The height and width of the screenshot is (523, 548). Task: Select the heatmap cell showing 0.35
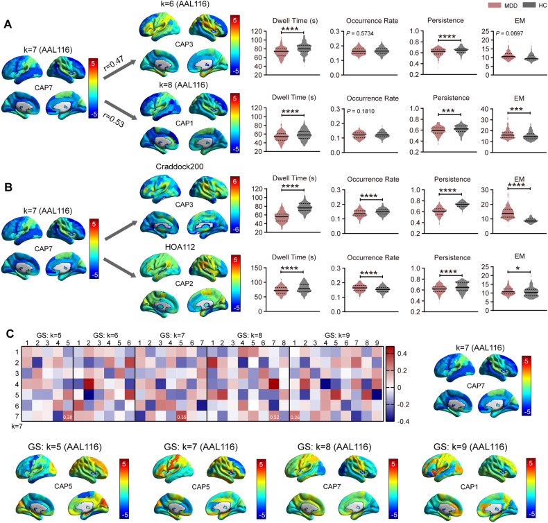[x=182, y=416]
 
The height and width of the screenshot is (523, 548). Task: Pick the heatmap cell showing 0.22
[x=274, y=416]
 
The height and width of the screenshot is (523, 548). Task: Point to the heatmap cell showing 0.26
[x=294, y=416]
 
